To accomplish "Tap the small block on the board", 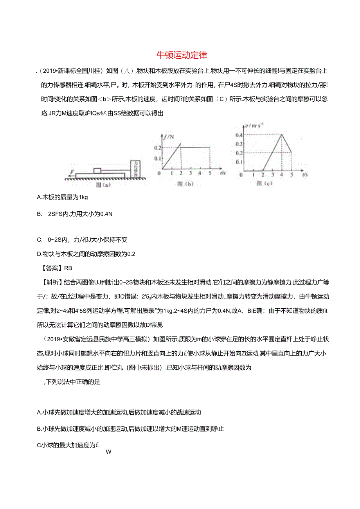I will click(97, 171).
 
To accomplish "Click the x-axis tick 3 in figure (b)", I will click(190, 173).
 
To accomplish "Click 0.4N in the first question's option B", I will click(104, 214).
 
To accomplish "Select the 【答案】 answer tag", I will click(50, 268).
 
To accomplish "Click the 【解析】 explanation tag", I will click(50, 282).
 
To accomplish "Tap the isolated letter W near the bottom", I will click(109, 452).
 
